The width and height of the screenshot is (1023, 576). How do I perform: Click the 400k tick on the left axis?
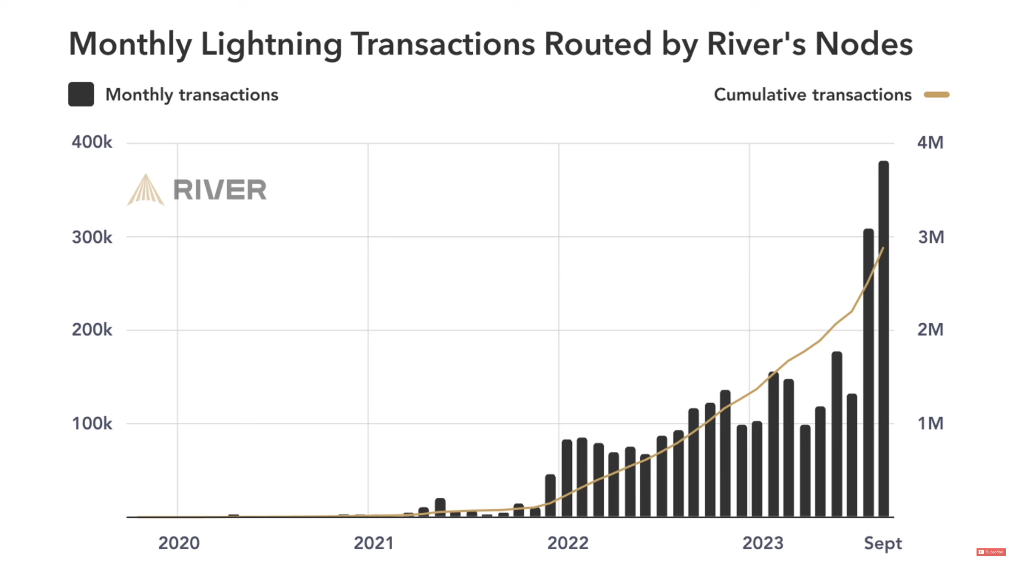[x=92, y=142]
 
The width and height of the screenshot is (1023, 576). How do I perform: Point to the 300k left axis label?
[x=92, y=237]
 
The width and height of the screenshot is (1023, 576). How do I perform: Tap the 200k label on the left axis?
[x=92, y=330]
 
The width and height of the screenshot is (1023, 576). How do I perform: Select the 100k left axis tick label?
[x=92, y=424]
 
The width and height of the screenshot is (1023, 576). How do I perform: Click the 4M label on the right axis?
[x=930, y=142]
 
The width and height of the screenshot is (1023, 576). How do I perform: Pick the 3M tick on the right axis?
[x=931, y=237]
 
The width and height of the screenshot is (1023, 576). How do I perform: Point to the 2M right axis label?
[x=930, y=330]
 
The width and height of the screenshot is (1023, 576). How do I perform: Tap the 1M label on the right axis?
[x=930, y=424]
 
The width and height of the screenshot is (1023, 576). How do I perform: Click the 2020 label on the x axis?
[x=179, y=543]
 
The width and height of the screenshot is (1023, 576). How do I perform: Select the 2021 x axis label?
[x=374, y=543]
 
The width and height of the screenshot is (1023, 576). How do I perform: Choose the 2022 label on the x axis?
[x=568, y=543]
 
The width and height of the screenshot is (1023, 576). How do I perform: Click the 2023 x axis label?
[x=763, y=543]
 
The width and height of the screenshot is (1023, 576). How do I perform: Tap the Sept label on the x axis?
[x=883, y=544]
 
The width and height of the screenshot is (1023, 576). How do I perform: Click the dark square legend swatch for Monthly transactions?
[x=81, y=94]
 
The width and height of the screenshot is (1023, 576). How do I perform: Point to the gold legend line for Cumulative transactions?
[x=936, y=95]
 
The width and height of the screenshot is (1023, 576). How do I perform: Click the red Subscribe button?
[x=991, y=552]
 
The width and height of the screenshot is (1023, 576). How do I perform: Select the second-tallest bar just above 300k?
[x=868, y=372]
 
